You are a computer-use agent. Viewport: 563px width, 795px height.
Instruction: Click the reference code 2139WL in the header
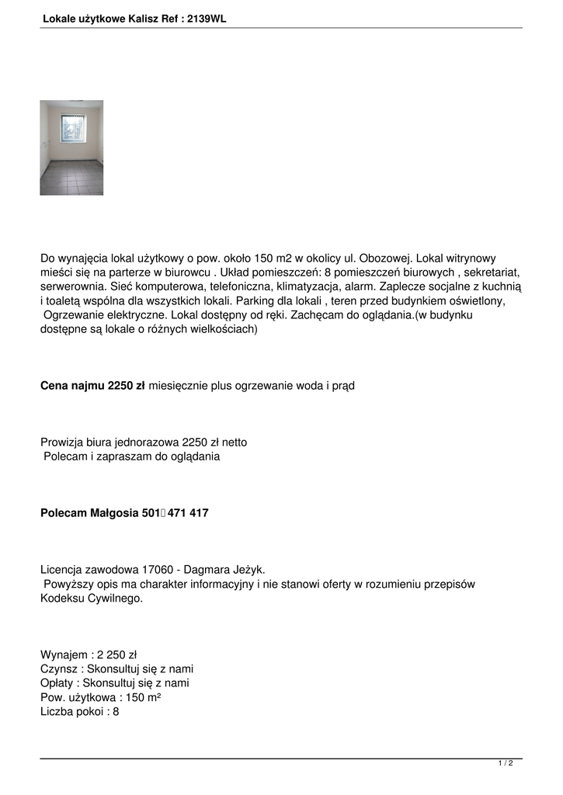coord(207,19)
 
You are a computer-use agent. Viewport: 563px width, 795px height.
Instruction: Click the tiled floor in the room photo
coord(71,178)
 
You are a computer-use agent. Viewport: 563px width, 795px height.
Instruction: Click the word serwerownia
coord(71,286)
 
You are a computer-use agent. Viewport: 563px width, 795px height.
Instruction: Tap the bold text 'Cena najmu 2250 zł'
coord(92,385)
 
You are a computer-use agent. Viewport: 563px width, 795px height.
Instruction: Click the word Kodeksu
coord(64,599)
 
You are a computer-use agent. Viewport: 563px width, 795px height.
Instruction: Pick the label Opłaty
coord(57,683)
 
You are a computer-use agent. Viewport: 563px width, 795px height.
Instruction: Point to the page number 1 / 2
coord(506,764)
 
